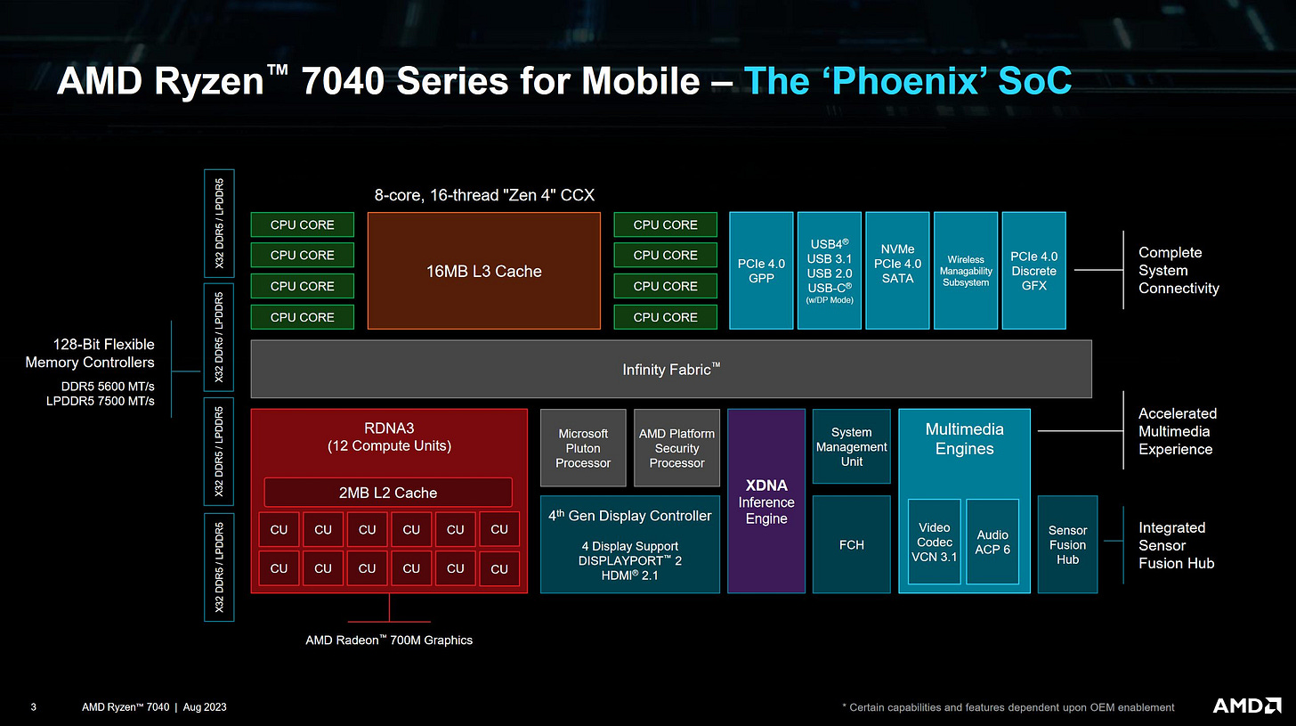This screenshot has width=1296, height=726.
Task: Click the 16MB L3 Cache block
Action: [x=483, y=271]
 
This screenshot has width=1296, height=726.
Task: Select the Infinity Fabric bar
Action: [x=670, y=369]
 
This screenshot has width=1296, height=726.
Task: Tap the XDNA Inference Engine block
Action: [x=766, y=502]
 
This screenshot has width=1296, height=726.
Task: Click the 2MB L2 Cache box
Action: [x=388, y=493]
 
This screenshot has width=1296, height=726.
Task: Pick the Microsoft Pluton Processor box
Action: [x=583, y=448]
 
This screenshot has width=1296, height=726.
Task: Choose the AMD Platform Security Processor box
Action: [x=676, y=448]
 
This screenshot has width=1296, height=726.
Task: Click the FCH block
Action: [x=852, y=544]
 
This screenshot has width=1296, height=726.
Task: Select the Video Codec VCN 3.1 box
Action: [x=935, y=542]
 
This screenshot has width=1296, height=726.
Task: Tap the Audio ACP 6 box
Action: [x=992, y=542]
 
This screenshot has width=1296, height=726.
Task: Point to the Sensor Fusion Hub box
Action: [x=1067, y=544]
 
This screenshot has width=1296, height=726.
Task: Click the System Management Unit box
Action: [x=852, y=447]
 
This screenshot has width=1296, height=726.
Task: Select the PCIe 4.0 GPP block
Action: [x=761, y=271]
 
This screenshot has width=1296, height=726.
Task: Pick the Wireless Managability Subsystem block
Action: [x=966, y=271]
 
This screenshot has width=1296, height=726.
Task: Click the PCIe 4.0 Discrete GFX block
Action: [x=1033, y=271]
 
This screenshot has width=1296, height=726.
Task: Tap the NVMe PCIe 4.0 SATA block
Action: [x=897, y=271]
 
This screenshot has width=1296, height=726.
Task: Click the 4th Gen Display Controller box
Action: [x=630, y=544]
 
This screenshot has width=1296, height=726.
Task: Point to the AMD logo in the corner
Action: [x=1247, y=706]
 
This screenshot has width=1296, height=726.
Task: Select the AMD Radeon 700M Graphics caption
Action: [x=389, y=640]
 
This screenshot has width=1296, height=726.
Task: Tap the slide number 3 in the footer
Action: [x=33, y=707]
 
